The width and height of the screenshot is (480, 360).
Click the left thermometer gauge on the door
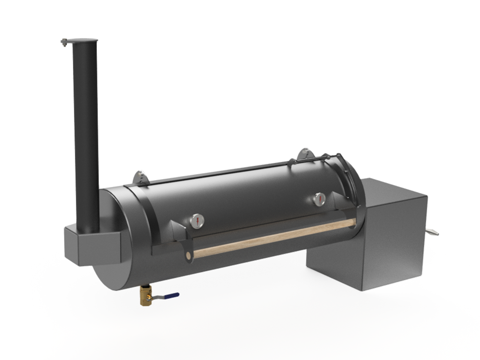197,221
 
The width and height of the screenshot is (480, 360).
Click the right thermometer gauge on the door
319,199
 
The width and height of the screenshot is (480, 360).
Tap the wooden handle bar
274,238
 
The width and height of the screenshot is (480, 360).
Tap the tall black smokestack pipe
86,134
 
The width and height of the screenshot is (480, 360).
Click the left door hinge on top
140,177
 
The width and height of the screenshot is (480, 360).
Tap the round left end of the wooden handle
189,255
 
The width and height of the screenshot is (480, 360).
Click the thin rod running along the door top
216,173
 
